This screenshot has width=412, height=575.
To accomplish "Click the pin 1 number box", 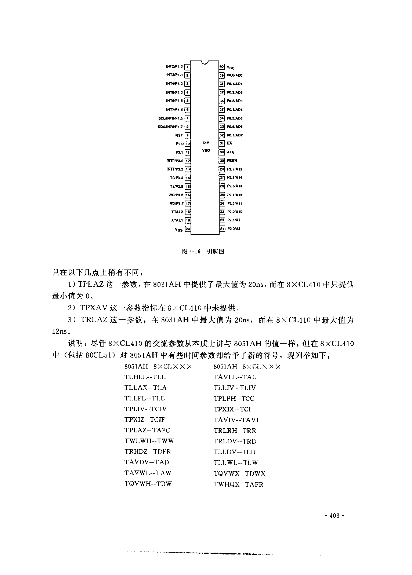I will pyautogui.click(x=187, y=67).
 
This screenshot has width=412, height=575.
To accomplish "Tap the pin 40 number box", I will pyautogui.click(x=222, y=67).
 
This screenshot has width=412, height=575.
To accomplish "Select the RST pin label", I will pyautogui.click(x=179, y=135).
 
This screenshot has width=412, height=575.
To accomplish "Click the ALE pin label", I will pyautogui.click(x=230, y=152).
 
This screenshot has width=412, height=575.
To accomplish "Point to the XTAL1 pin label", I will pyautogui.click(x=177, y=220).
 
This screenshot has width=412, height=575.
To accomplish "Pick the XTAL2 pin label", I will pyautogui.click(x=177, y=212).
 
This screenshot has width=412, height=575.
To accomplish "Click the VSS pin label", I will pyautogui.click(x=178, y=230).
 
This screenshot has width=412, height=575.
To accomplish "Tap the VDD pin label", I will pyautogui.click(x=231, y=68).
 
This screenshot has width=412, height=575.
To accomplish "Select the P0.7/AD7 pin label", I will pyautogui.click(x=235, y=135).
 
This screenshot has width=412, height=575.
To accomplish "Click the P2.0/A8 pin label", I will pyautogui.click(x=234, y=229).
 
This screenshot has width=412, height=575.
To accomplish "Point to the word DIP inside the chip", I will pyautogui.click(x=206, y=143).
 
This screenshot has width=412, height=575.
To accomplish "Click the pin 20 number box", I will pyautogui.click(x=187, y=229).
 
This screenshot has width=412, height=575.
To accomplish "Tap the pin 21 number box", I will pyautogui.click(x=222, y=229).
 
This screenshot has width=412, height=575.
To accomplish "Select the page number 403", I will pyautogui.click(x=334, y=516).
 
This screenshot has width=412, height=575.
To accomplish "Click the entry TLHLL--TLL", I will pyautogui.click(x=145, y=377).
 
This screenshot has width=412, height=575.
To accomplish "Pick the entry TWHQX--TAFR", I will pyautogui.click(x=238, y=484).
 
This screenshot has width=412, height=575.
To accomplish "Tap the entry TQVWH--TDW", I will pyautogui.click(x=148, y=484).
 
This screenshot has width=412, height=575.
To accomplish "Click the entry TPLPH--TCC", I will pyautogui.click(x=234, y=399).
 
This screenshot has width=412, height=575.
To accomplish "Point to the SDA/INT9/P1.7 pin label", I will pyautogui.click(x=170, y=127).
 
